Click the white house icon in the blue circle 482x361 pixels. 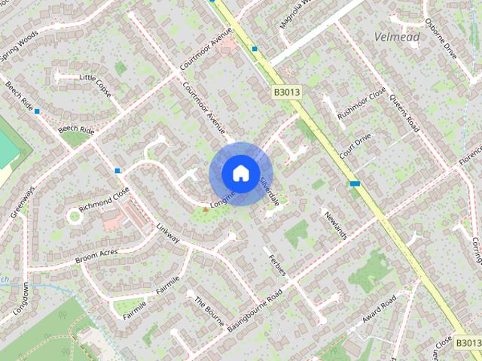(x=240, y=173)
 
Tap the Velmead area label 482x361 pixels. (x=397, y=36)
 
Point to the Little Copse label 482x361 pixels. (x=95, y=78)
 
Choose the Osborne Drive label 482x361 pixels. (x=441, y=39)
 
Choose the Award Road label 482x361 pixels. (x=379, y=310)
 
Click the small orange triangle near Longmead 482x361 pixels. (x=205, y=208)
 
